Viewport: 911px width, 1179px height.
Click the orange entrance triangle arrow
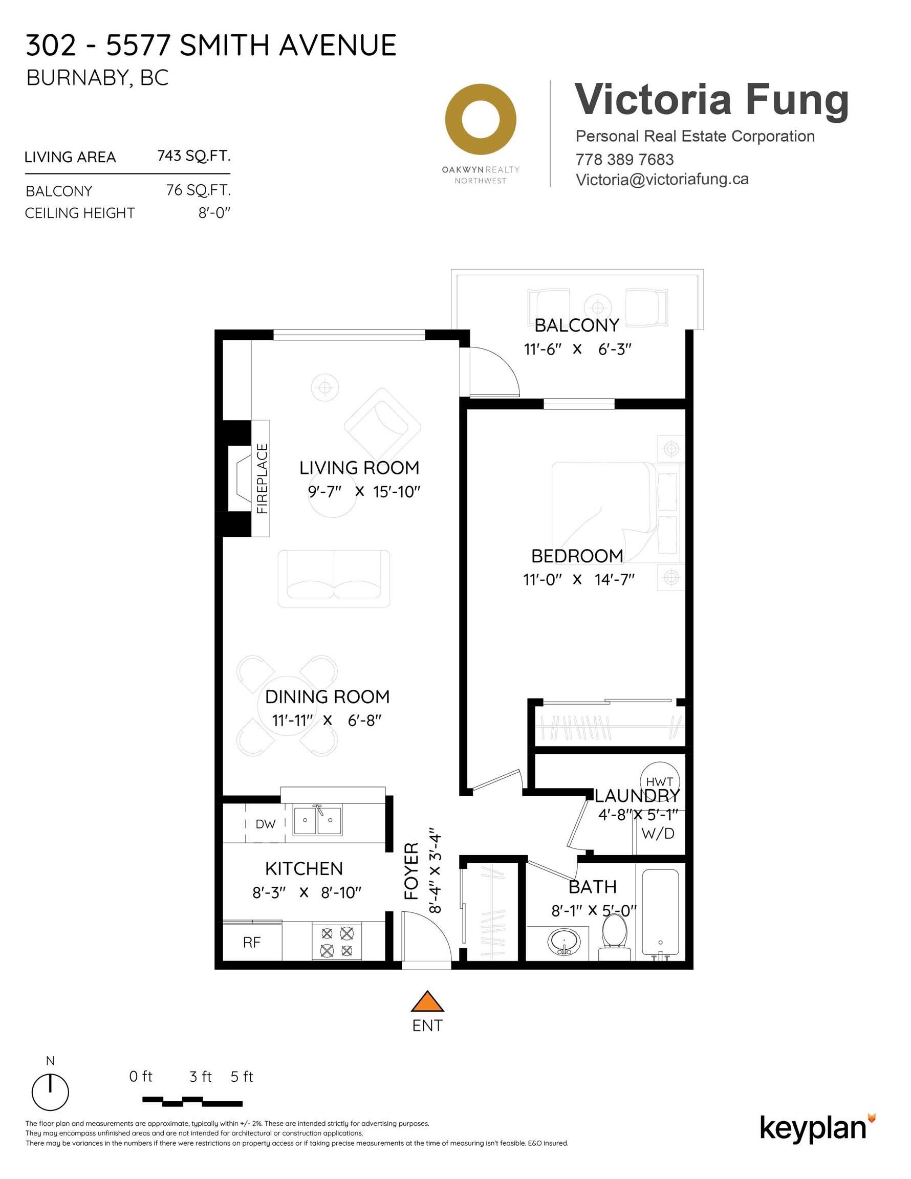click(427, 1002)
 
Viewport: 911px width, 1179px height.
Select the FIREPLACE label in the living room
click(262, 478)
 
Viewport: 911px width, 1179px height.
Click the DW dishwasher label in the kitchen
click(265, 824)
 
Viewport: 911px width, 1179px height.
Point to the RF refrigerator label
click(252, 943)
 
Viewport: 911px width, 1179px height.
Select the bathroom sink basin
click(565, 942)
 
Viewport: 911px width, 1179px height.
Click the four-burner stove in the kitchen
click(336, 942)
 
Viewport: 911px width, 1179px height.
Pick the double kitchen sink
click(317, 821)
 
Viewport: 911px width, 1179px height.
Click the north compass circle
click(50, 1092)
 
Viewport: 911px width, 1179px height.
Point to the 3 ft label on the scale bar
click(200, 1077)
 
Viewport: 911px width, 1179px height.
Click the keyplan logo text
click(813, 1128)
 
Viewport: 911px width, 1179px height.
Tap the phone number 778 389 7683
click(624, 160)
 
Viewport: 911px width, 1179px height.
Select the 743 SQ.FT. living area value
click(194, 156)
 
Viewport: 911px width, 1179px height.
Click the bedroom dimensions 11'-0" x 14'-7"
click(578, 579)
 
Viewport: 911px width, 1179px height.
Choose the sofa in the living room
click(334, 578)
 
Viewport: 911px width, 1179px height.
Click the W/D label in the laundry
click(658, 834)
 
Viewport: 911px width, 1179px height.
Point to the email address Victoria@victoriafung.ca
click(662, 180)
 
